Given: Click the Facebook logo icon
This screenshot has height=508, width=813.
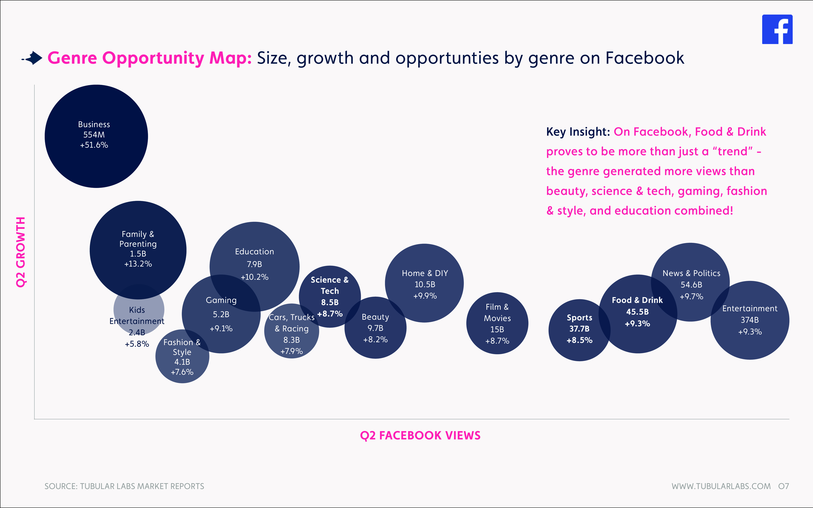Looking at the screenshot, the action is point(777,29).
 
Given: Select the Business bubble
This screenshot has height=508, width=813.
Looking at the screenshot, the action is point(96,136).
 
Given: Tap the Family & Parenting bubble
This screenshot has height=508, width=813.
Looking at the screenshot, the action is point(138,250).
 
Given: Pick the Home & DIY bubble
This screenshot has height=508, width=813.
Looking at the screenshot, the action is point(424,283).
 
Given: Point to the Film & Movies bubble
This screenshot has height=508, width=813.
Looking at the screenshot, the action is point(497,323).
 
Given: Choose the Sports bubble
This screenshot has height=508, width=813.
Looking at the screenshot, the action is point(579,330).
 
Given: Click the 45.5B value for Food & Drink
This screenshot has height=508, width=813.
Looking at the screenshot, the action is point(637,312).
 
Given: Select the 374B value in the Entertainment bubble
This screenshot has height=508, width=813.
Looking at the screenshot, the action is point(750,320).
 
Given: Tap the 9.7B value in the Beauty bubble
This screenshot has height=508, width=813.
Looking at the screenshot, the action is point(375,328).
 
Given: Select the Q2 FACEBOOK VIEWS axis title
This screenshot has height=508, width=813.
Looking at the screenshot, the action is point(420,435).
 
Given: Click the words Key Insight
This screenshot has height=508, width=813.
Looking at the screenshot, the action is point(578,132).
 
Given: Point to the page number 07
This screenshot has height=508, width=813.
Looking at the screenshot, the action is point(783,486).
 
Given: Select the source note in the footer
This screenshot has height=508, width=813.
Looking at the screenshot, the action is point(124,486).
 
